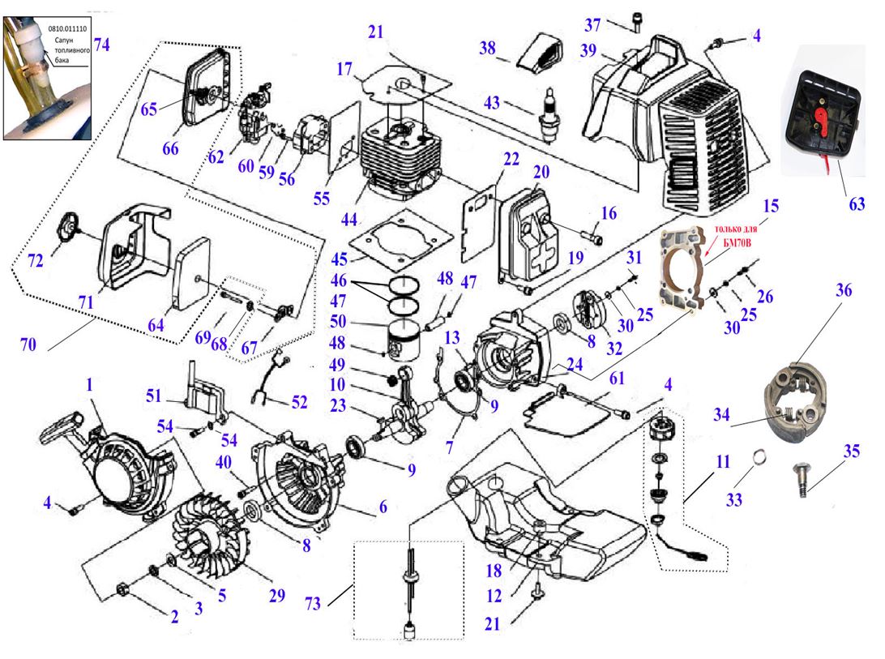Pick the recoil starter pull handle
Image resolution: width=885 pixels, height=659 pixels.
click(x=66, y=427)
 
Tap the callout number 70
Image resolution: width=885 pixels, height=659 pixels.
click(x=29, y=344)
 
